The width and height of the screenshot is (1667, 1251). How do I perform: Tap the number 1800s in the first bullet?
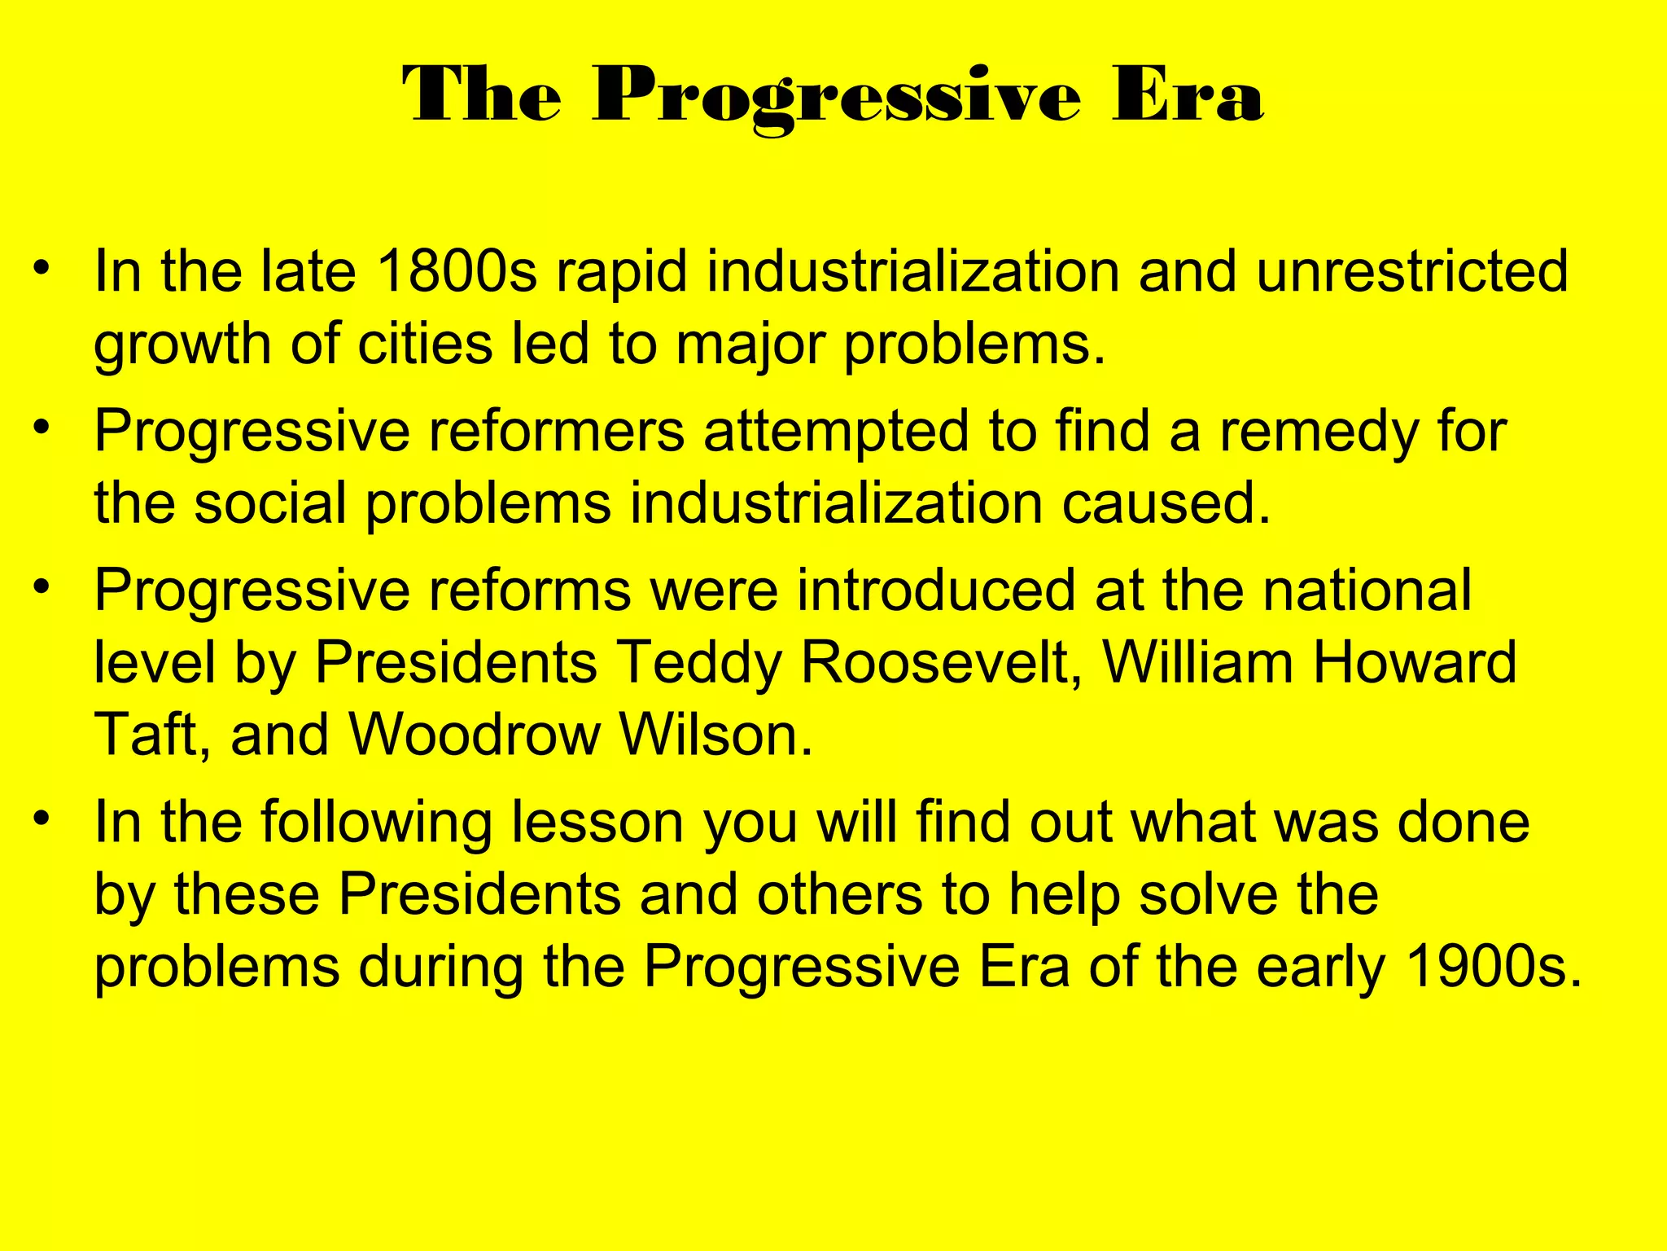click(457, 271)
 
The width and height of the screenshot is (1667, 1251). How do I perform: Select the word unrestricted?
click(1411, 271)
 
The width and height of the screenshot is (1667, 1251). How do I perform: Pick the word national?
click(1367, 590)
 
